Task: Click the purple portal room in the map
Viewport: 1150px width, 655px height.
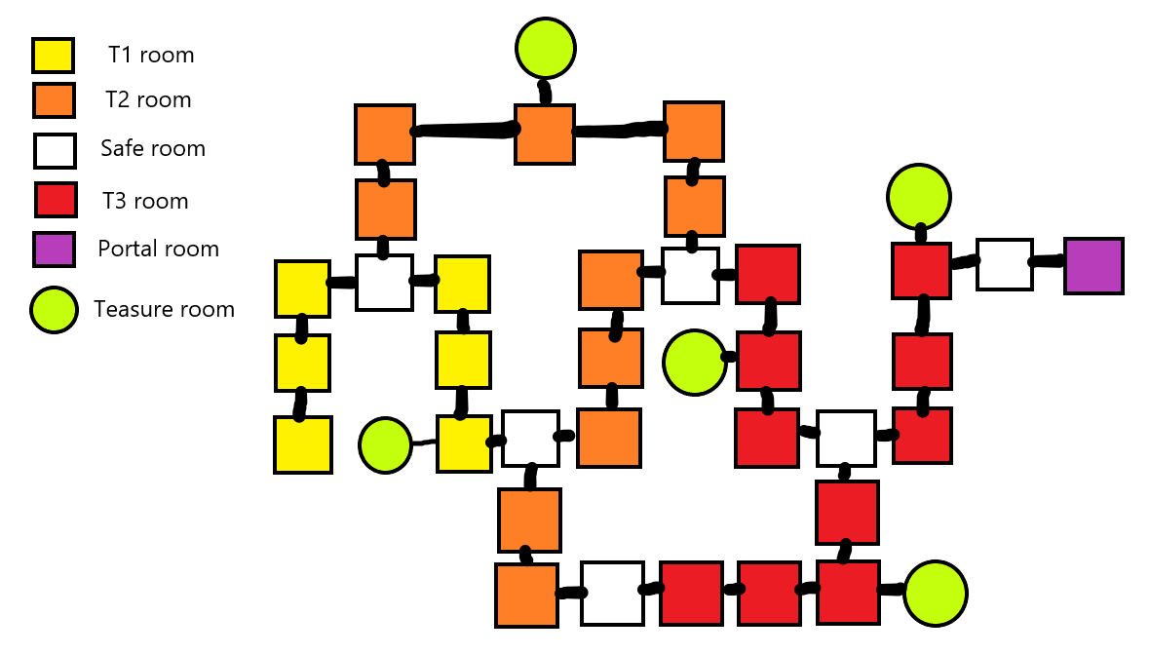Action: point(1093,265)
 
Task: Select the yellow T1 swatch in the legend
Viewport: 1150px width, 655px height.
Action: point(54,56)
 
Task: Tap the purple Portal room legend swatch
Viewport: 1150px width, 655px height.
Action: point(54,250)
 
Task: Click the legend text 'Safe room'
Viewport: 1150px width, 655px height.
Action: point(153,149)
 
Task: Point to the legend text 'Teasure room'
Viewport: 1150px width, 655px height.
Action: point(164,310)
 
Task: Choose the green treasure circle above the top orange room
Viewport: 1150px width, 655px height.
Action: point(546,47)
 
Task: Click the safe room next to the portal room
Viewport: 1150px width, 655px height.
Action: point(1005,264)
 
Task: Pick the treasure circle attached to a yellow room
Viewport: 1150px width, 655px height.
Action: point(385,445)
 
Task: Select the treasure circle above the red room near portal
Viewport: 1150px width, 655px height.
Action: point(918,197)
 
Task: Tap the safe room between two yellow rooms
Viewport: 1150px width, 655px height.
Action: point(384,283)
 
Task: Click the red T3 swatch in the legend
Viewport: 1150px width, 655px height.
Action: point(56,200)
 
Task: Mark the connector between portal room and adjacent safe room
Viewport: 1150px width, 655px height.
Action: point(1048,261)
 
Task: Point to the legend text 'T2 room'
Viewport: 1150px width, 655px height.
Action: point(148,99)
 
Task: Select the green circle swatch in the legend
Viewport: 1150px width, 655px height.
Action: point(54,310)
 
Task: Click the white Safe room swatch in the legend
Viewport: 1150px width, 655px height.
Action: point(55,151)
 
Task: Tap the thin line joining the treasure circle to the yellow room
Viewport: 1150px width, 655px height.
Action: point(424,443)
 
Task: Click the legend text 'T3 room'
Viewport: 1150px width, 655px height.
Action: point(145,202)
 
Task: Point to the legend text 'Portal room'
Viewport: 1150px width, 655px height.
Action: point(158,249)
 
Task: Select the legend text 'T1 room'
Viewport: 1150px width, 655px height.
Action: point(151,56)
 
